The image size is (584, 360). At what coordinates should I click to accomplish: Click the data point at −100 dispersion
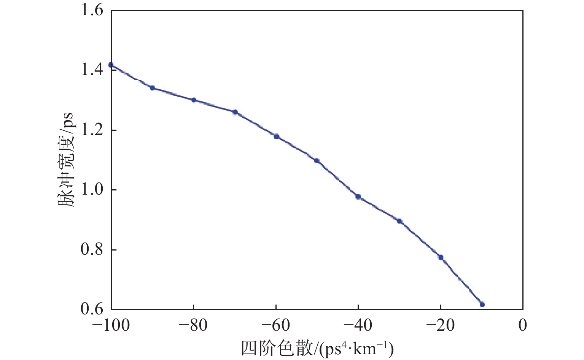tap(111, 65)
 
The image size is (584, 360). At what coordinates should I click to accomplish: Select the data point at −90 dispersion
tap(152, 88)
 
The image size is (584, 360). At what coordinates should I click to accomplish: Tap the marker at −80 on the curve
tap(194, 100)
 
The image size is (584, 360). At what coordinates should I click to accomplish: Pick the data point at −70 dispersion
tap(235, 112)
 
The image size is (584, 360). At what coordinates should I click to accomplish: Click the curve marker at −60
tap(277, 136)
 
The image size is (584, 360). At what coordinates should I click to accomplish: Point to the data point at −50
tap(317, 160)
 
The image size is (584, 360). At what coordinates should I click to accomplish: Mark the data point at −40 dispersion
tap(358, 197)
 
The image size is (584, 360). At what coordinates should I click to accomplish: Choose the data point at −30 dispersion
tap(399, 221)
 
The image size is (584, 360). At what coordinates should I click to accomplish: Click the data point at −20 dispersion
tap(441, 257)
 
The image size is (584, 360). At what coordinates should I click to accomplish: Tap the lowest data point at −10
tap(482, 304)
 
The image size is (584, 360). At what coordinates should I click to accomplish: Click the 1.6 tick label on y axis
tap(92, 10)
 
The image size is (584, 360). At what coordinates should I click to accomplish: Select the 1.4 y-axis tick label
tap(92, 70)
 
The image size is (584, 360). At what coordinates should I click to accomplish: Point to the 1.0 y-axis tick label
tap(92, 190)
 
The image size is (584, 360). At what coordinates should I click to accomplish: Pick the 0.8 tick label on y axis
tap(92, 250)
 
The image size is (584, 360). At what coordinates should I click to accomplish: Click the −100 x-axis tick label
tap(110, 326)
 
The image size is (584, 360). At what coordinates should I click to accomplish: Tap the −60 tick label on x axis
tap(276, 326)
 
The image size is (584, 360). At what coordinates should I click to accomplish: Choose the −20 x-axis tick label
tap(441, 326)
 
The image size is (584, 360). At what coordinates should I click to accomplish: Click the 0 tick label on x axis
tap(523, 326)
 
